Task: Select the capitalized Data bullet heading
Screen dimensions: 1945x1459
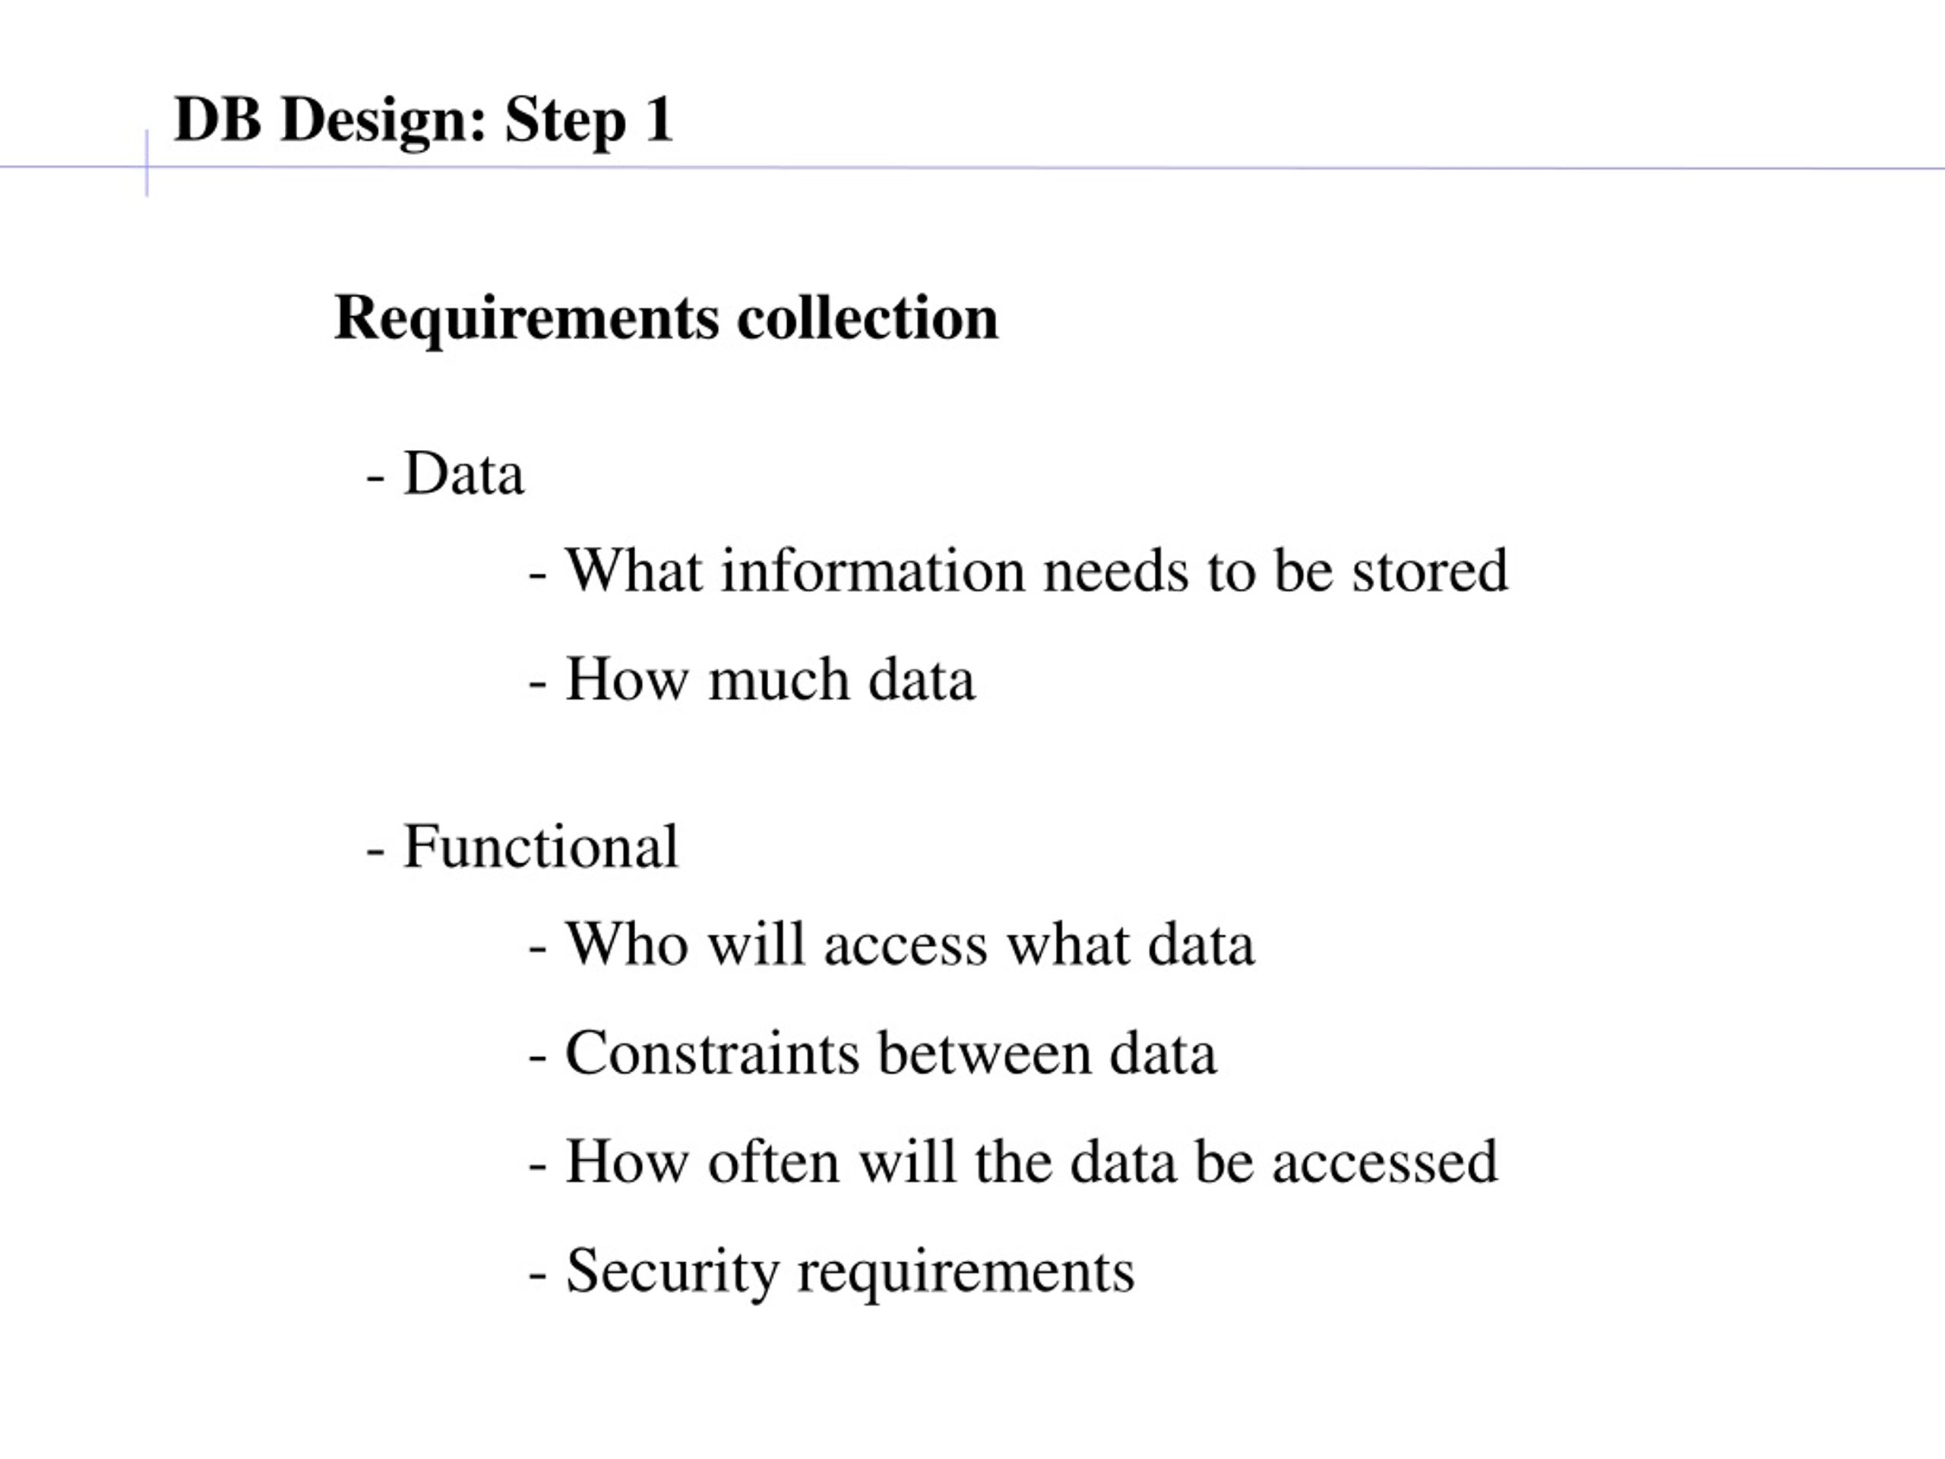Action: coord(463,473)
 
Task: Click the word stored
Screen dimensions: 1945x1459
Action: coord(1430,570)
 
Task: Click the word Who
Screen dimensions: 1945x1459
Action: coord(627,944)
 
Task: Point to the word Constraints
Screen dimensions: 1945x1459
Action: coord(712,1052)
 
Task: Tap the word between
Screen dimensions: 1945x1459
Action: coord(984,1052)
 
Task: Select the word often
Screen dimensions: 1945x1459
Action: coord(773,1161)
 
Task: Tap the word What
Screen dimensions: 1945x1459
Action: coord(634,570)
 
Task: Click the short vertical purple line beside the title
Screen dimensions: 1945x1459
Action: coord(147,163)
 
